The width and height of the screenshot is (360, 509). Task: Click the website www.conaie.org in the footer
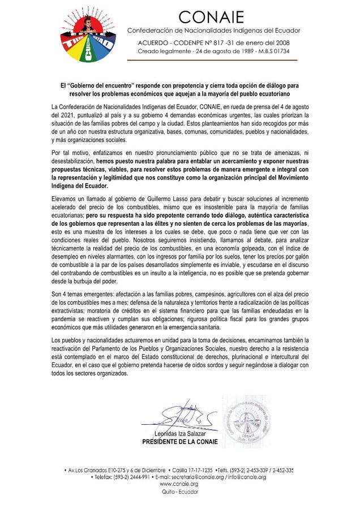(179, 484)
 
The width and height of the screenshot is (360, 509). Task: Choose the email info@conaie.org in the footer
(246, 477)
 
